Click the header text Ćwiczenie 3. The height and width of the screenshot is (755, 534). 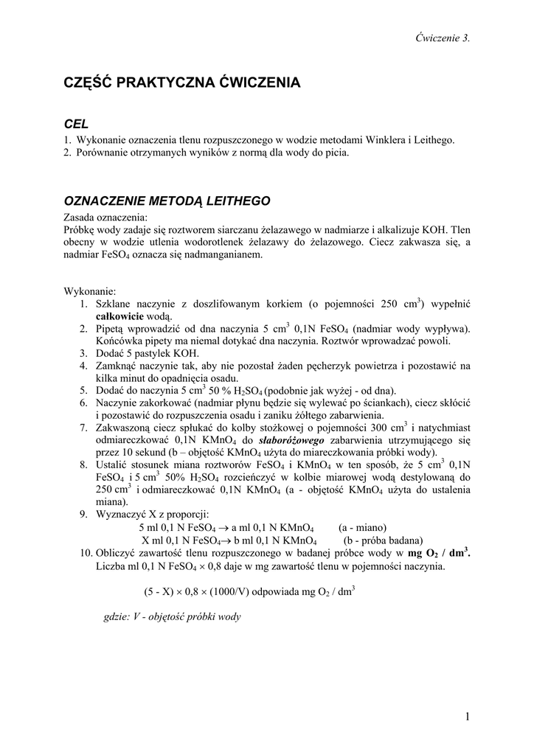click(x=443, y=38)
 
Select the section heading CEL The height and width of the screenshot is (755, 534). click(x=77, y=125)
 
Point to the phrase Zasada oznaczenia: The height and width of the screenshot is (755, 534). click(x=106, y=218)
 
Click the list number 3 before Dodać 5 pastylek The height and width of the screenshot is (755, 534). click(x=84, y=353)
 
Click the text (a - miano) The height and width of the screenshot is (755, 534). click(x=362, y=527)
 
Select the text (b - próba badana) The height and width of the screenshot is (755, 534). click(x=382, y=540)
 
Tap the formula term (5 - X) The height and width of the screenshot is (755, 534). click(x=161, y=591)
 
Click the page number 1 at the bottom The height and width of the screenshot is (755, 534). click(x=468, y=716)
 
